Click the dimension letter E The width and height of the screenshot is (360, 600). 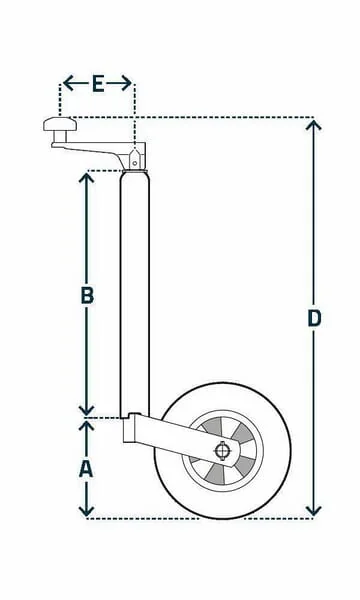coord(98,84)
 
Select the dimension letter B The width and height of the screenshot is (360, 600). coord(88,295)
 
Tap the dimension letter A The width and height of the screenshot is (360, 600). coord(86,469)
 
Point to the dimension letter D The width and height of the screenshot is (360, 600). coord(314,318)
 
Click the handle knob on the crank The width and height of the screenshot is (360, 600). coord(60,124)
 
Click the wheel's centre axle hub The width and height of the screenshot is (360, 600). coord(222,450)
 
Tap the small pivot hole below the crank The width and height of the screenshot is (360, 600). coord(135,163)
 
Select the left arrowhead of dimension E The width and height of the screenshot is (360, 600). coord(68,83)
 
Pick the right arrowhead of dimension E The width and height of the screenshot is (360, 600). coord(127,83)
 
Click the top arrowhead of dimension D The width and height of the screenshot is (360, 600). coord(313,125)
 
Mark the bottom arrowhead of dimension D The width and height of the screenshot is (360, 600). coord(314,510)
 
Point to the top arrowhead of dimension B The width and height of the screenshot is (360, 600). coord(87,178)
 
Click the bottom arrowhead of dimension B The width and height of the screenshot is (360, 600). coord(87,410)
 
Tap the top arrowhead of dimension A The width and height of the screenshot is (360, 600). coord(86,426)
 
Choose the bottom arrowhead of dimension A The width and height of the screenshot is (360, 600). coord(86,510)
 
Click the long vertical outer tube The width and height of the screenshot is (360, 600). coord(135,295)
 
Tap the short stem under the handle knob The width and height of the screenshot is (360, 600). coord(60,137)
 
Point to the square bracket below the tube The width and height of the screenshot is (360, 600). coord(132,428)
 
